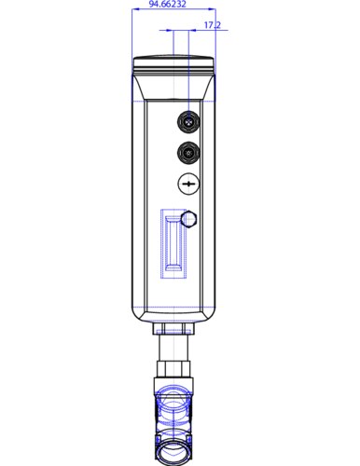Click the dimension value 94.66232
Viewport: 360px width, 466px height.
point(168,6)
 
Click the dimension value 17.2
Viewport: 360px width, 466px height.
point(186,25)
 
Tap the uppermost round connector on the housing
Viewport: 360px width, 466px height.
point(188,119)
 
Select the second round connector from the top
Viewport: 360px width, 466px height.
point(188,153)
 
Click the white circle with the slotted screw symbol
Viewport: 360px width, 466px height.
point(188,186)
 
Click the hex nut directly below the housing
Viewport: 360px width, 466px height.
point(175,329)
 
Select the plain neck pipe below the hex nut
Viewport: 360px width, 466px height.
point(175,352)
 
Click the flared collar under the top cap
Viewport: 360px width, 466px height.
point(175,85)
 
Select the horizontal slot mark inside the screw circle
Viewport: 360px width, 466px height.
point(188,186)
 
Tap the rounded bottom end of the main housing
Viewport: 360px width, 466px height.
point(175,312)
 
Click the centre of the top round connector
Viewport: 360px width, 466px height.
point(188,119)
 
